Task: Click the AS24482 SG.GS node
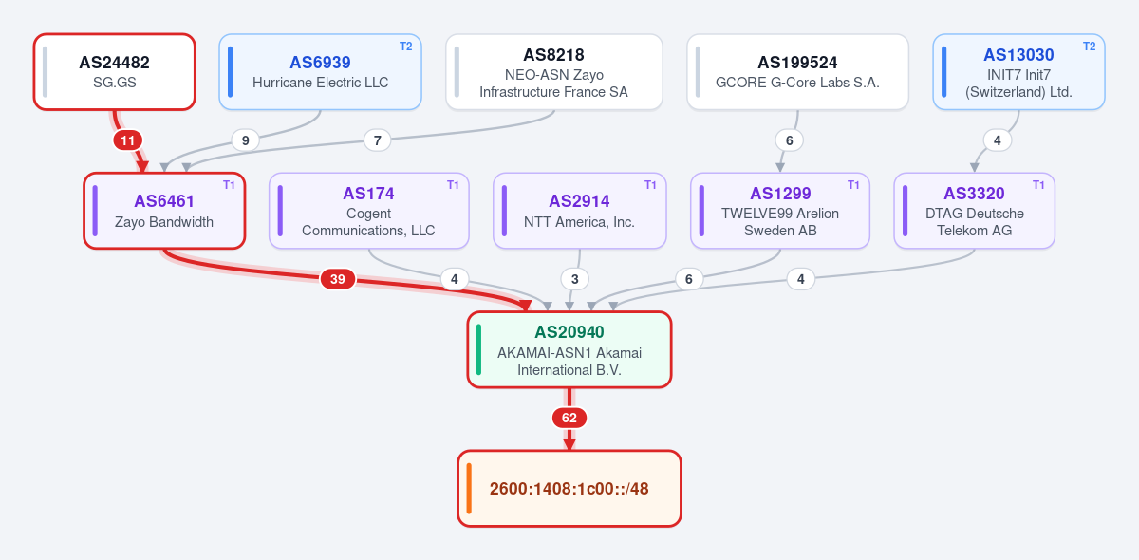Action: [115, 72]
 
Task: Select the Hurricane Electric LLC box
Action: [321, 72]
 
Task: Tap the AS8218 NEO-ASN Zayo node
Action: [554, 72]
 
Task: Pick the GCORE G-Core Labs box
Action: [798, 72]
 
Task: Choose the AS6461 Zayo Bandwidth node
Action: [164, 211]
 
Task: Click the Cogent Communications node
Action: [368, 211]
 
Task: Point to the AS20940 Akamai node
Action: [569, 349]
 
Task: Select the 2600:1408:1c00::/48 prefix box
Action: [569, 488]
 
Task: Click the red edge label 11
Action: [127, 140]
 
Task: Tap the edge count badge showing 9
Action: [246, 140]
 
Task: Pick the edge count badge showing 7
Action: [378, 140]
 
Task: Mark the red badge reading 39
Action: [338, 279]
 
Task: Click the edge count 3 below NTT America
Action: [574, 279]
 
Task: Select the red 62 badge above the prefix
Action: [569, 418]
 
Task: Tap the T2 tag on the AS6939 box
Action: [406, 47]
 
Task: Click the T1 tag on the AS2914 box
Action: [650, 185]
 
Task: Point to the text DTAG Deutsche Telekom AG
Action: [975, 222]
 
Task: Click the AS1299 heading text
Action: [780, 194]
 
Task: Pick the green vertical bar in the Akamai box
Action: [478, 349]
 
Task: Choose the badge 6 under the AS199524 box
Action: [789, 140]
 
